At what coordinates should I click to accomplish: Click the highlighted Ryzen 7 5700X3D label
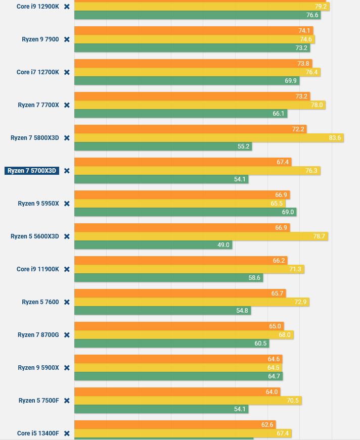(x=32, y=171)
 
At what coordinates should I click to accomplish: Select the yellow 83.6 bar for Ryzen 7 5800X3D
(x=208, y=138)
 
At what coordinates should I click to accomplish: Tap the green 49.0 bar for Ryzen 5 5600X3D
(x=153, y=245)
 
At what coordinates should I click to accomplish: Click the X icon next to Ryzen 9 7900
(x=67, y=39)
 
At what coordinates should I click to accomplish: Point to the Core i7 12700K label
(x=38, y=72)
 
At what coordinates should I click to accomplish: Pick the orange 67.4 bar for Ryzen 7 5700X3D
(x=183, y=162)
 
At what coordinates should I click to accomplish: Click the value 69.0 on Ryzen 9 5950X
(x=288, y=212)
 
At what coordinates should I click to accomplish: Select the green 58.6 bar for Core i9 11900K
(x=168, y=278)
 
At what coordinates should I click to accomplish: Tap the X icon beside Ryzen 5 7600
(x=67, y=302)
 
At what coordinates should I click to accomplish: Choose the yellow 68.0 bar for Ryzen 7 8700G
(x=184, y=335)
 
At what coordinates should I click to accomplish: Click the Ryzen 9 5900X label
(x=38, y=368)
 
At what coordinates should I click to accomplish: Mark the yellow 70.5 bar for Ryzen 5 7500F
(x=188, y=401)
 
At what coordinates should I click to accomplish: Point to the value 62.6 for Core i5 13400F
(x=267, y=425)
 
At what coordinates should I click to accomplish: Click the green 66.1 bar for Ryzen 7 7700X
(x=181, y=114)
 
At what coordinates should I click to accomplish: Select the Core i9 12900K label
(x=38, y=7)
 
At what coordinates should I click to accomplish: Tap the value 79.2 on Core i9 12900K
(x=321, y=7)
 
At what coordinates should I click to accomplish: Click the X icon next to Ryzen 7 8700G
(x=67, y=335)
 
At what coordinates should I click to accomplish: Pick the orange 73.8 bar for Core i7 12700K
(x=193, y=64)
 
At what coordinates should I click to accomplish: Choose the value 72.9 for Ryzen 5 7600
(x=300, y=302)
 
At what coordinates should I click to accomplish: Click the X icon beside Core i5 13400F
(x=67, y=433)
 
